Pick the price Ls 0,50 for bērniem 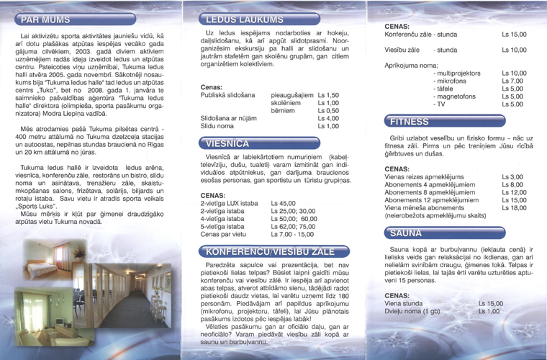[x=327, y=111]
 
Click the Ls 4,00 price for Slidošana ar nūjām [x=327, y=119]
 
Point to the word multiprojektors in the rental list [x=458, y=73]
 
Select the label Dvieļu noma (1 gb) [x=412, y=311]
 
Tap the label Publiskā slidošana [x=227, y=95]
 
